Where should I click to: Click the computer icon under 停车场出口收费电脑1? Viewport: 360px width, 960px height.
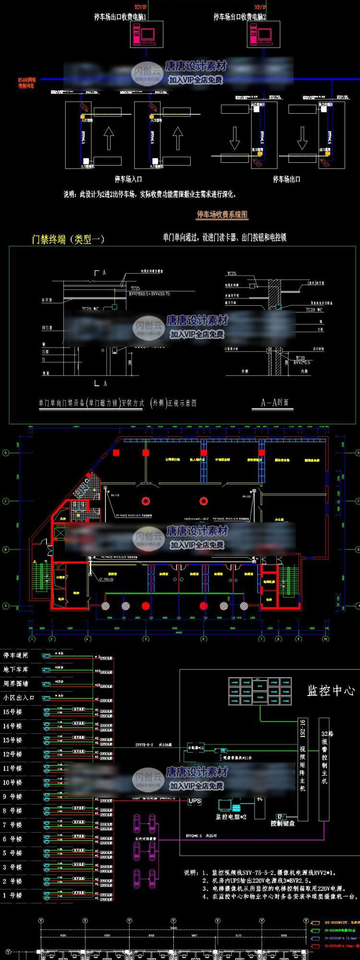pos(146,34)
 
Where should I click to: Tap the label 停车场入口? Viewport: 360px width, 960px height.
pos(128,179)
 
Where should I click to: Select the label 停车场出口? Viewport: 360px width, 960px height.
pos(287,179)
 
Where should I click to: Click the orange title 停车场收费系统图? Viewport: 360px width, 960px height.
pos(222,215)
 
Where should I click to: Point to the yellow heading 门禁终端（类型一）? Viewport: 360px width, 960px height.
pos(68,239)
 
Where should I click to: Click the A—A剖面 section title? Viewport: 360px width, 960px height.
pos(275,403)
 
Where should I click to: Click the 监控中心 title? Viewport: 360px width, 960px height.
pos(331,691)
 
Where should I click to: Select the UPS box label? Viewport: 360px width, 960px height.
pos(194,801)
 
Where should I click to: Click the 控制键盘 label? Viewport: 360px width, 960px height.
pos(282,823)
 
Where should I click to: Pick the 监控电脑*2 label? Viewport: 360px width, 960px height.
pos(231,816)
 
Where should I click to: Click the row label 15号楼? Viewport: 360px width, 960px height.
pos(12,712)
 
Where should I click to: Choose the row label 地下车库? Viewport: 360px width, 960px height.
pos(15,669)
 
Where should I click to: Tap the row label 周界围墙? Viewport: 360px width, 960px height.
pos(15,684)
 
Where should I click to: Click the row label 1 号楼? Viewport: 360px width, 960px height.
pos(12,895)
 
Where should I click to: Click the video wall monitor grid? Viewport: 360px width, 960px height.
pos(260,691)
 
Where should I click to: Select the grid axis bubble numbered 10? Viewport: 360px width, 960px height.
pos(325,639)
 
